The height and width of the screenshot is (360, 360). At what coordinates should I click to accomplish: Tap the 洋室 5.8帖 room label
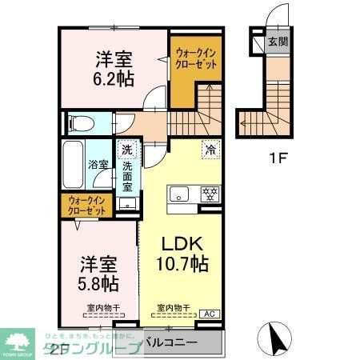(x=99, y=273)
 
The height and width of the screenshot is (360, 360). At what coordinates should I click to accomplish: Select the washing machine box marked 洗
(x=126, y=149)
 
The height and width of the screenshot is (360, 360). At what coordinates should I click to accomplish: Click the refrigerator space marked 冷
(x=210, y=149)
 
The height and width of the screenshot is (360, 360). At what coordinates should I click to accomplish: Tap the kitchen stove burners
(x=210, y=194)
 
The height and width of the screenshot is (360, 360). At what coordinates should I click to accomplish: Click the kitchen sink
(x=178, y=193)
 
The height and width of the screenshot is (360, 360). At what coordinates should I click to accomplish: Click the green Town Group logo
(x=17, y=342)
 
